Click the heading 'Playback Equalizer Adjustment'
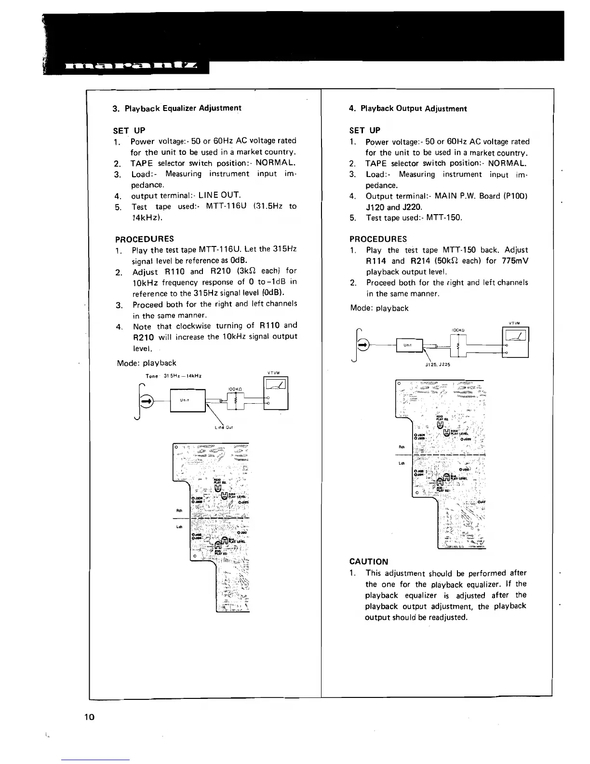click(183, 108)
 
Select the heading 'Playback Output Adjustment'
click(414, 109)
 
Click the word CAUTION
click(369, 561)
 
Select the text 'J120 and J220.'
click(394, 207)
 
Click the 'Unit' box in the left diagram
click(188, 400)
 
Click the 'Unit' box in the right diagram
click(409, 345)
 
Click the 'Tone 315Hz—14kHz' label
click(174, 376)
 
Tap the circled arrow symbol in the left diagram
click(146, 400)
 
